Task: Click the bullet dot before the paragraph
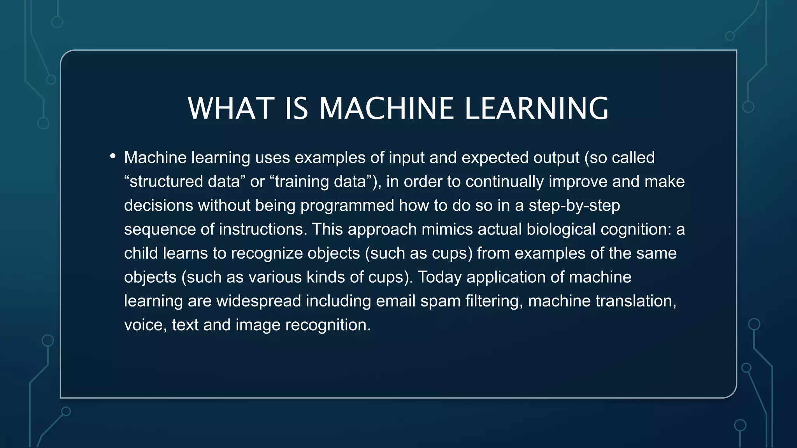(x=113, y=157)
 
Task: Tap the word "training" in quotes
(x=300, y=182)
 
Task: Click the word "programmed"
(x=347, y=206)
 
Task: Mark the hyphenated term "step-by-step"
(x=574, y=206)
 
